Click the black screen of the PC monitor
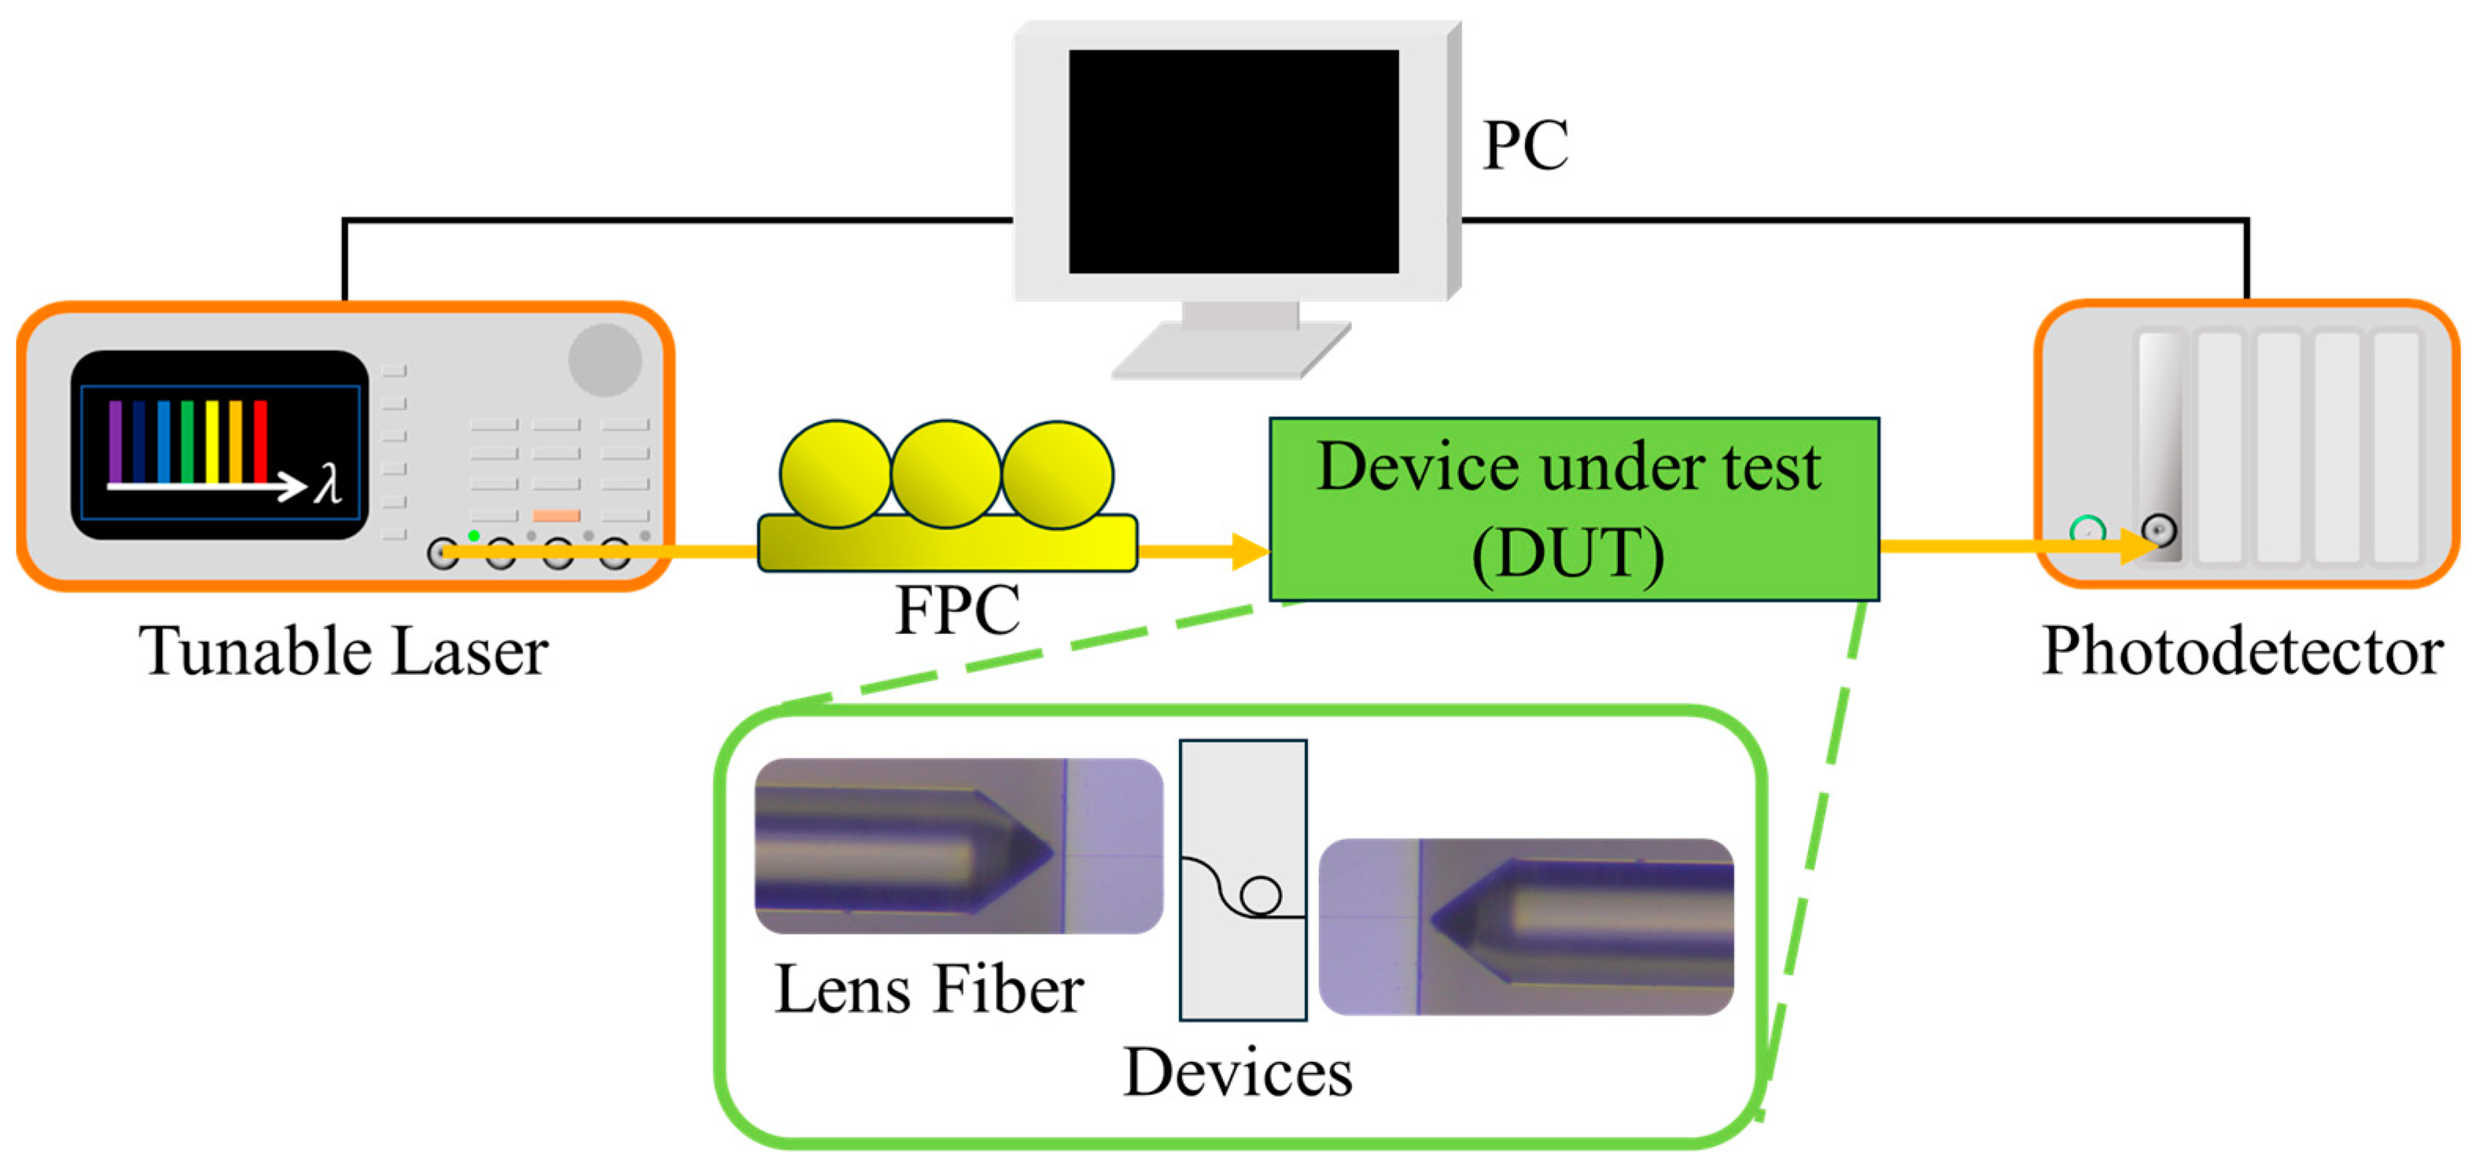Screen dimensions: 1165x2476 (x=1233, y=161)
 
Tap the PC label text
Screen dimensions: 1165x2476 (x=1524, y=146)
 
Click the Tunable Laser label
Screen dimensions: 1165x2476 (x=343, y=651)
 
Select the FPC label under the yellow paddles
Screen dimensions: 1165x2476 (x=957, y=610)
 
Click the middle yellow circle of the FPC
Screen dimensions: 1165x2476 (x=945, y=474)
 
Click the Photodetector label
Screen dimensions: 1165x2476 (x=2242, y=651)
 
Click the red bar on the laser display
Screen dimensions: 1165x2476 (x=260, y=441)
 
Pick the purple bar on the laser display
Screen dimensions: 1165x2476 (x=116, y=441)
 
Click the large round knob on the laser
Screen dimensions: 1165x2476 (x=605, y=359)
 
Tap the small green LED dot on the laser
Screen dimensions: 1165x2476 (x=473, y=536)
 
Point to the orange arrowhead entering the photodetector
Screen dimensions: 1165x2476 (x=2139, y=546)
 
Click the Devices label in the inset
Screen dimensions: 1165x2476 (x=1238, y=1073)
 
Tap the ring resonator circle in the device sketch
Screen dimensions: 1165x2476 (x=1260, y=896)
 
